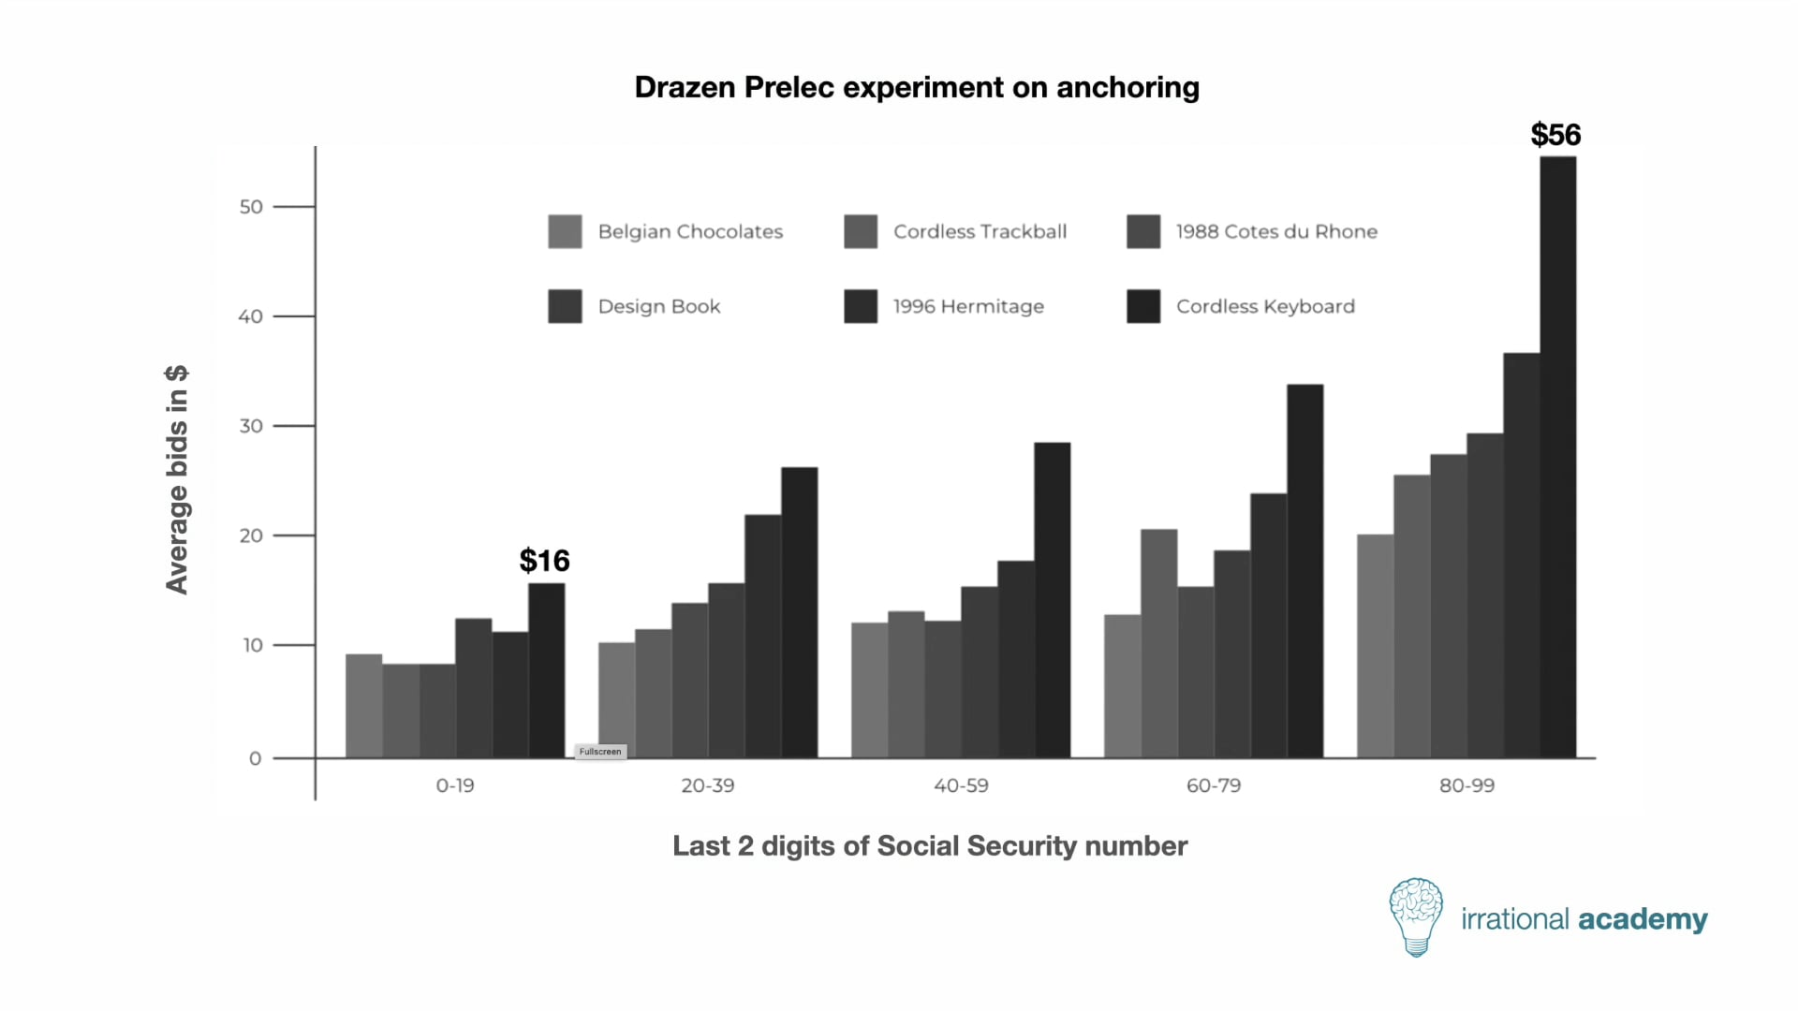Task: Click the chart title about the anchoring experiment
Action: tap(917, 88)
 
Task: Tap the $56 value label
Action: tap(1555, 135)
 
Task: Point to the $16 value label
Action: tap(544, 561)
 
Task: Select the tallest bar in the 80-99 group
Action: tap(1558, 457)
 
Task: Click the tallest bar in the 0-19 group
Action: tap(547, 670)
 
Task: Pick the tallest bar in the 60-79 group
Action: tap(1305, 571)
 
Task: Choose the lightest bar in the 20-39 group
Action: tap(617, 700)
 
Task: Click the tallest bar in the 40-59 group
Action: tap(1053, 600)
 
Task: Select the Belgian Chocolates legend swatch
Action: tap(565, 231)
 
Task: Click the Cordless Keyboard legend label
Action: tap(1265, 306)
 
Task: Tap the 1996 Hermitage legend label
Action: tap(968, 306)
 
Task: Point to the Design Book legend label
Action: tap(659, 306)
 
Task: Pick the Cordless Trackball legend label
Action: tap(980, 231)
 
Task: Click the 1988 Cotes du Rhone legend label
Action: tap(1276, 231)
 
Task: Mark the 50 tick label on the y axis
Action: tap(251, 207)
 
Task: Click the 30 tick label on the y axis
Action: tap(251, 426)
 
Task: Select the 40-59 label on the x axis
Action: tap(961, 785)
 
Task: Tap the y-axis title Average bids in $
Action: tap(177, 479)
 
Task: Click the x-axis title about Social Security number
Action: tap(930, 846)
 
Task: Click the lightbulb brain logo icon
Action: tap(1416, 916)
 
